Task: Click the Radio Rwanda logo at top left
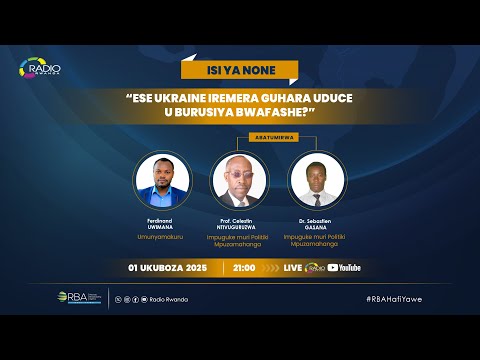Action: click(x=41, y=69)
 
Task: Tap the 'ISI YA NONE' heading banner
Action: click(x=240, y=71)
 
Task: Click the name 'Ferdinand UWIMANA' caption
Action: click(x=162, y=220)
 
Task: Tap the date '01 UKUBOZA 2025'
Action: click(x=167, y=268)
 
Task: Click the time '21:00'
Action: click(x=243, y=268)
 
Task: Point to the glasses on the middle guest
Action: click(x=239, y=171)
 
